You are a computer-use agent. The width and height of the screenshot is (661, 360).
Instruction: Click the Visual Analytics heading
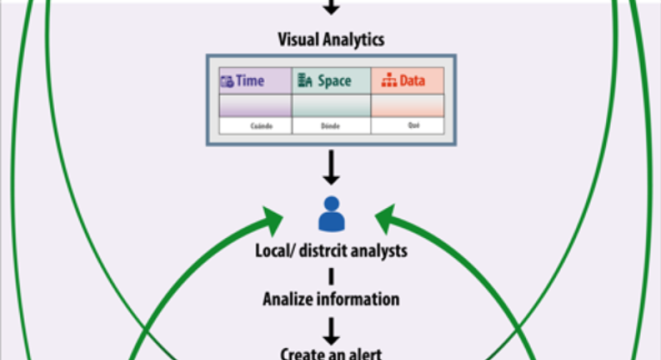tap(330, 39)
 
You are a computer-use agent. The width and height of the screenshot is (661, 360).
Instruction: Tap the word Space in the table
tap(334, 81)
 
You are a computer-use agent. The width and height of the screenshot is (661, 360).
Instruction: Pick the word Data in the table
tap(412, 81)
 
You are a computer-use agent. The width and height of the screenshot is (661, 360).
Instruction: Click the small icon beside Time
tap(227, 82)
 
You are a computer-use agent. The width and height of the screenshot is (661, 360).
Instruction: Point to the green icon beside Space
tap(305, 81)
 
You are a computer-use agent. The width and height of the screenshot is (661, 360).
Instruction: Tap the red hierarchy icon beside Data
tap(389, 82)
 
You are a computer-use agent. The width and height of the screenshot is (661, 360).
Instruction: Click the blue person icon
tap(331, 214)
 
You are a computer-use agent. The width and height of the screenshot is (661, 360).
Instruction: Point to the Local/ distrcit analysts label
tap(331, 251)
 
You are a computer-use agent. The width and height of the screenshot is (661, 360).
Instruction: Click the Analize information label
tap(331, 299)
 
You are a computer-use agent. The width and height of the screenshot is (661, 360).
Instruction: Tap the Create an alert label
tap(331, 353)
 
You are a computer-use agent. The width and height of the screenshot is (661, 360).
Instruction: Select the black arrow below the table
tap(331, 168)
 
